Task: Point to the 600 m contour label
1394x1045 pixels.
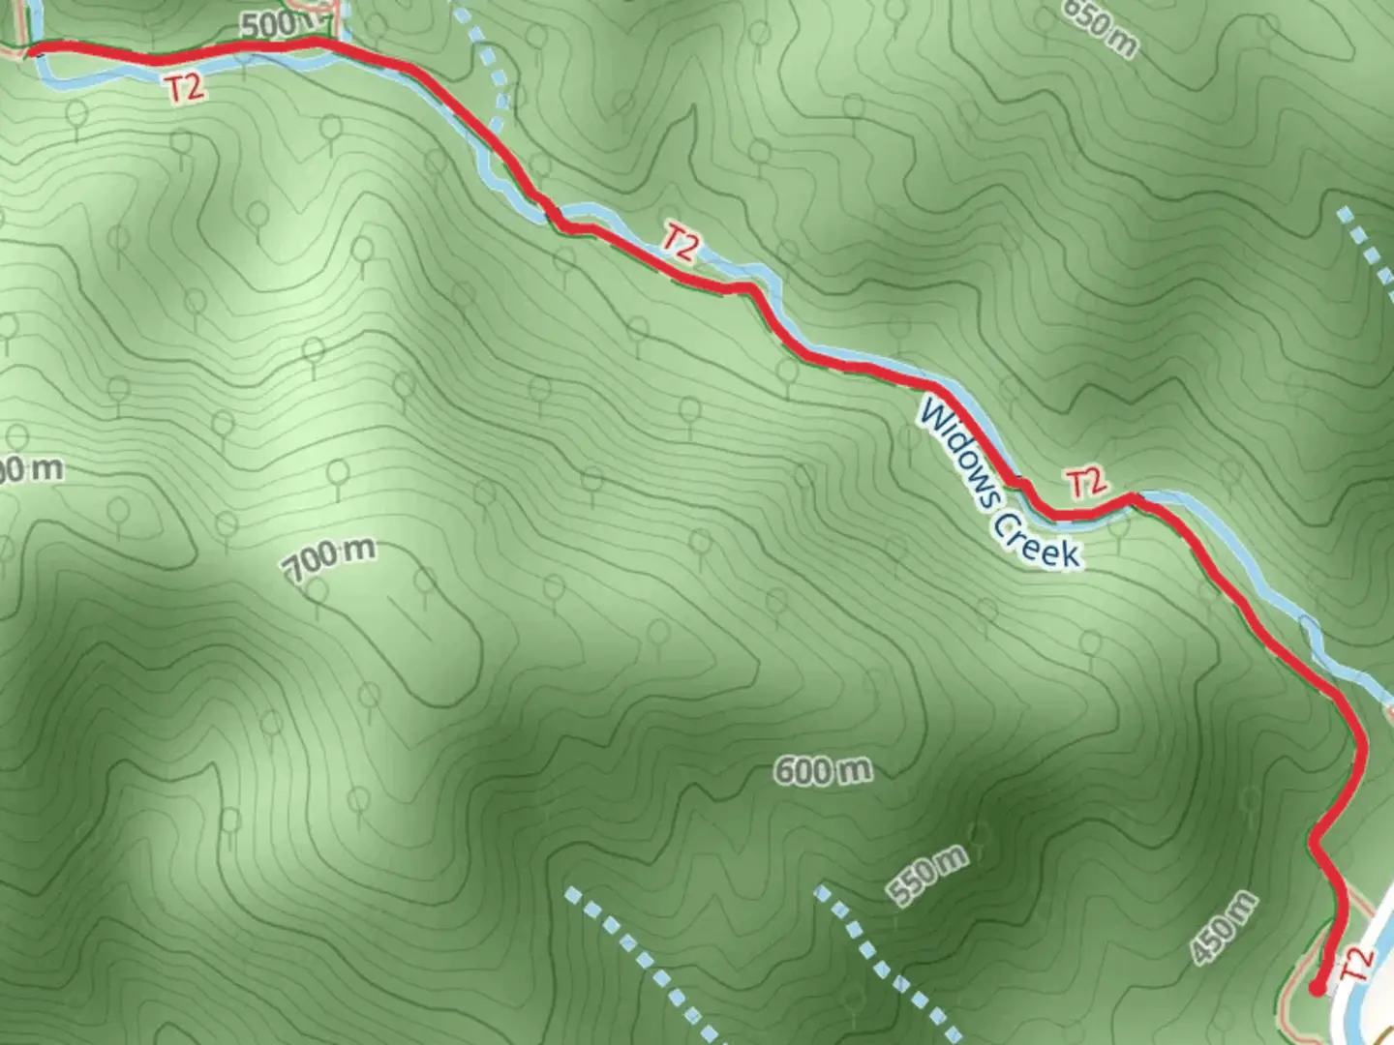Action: pyautogui.click(x=823, y=770)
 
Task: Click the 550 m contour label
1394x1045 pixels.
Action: pyautogui.click(x=927, y=877)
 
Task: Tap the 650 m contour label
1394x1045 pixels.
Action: pyautogui.click(x=1100, y=27)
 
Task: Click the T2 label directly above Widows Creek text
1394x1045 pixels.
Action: pyautogui.click(x=1085, y=482)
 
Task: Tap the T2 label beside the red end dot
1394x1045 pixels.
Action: pyautogui.click(x=1357, y=964)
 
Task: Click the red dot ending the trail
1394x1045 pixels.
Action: pyautogui.click(x=1317, y=988)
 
